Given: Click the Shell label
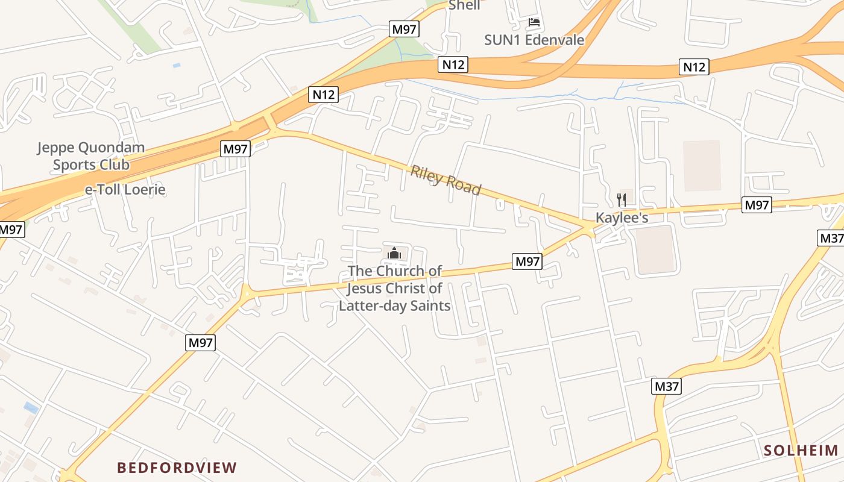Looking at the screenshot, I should [x=464, y=5].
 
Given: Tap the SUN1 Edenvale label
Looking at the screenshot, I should [x=534, y=40].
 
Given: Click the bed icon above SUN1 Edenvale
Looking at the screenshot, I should [x=534, y=23].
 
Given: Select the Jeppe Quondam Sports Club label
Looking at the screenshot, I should [x=90, y=156].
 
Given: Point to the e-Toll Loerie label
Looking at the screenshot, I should [x=125, y=190].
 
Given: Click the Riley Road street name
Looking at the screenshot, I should [x=446, y=180].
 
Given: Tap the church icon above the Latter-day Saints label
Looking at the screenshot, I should [x=394, y=253].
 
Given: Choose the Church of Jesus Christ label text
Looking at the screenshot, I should [x=395, y=288].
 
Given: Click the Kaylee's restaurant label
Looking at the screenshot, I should [x=622, y=218].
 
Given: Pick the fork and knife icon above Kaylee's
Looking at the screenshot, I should [x=622, y=200].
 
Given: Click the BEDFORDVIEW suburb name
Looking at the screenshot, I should [x=177, y=468].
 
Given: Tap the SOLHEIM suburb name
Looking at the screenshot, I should [x=801, y=450].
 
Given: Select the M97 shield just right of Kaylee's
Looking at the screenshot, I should [x=757, y=205].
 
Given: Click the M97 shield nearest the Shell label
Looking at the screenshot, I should [x=404, y=29].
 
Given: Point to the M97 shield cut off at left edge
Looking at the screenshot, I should [x=11, y=229].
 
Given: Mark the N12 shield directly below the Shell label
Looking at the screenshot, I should [x=453, y=64].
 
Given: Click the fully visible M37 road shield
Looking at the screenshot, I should [x=666, y=386].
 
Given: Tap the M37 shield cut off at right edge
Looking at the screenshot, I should [x=831, y=238].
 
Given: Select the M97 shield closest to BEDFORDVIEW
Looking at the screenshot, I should [x=200, y=343].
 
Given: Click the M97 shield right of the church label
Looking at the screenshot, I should [x=527, y=261].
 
